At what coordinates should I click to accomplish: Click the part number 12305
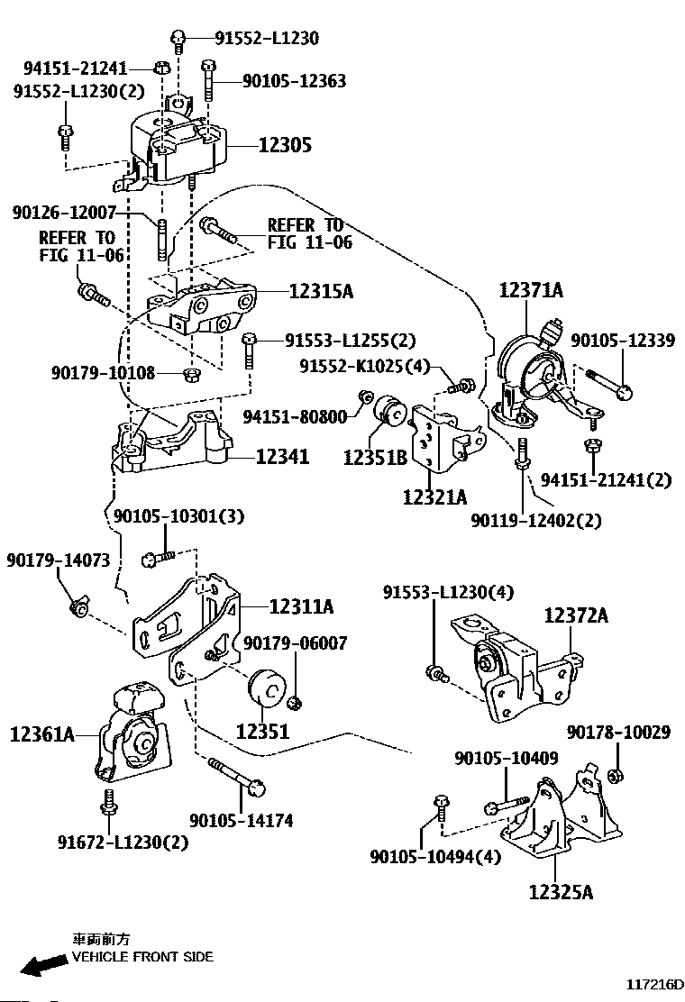click(x=285, y=144)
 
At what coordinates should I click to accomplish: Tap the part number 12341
click(x=282, y=457)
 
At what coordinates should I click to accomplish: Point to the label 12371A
click(x=531, y=289)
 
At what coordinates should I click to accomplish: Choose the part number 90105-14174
click(x=241, y=820)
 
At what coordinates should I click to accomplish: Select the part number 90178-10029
click(x=618, y=733)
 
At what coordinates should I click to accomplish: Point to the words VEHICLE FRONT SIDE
click(x=142, y=956)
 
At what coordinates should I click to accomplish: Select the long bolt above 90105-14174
click(x=236, y=776)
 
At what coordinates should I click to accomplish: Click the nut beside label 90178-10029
click(x=615, y=775)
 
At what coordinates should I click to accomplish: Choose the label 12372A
click(x=575, y=616)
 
